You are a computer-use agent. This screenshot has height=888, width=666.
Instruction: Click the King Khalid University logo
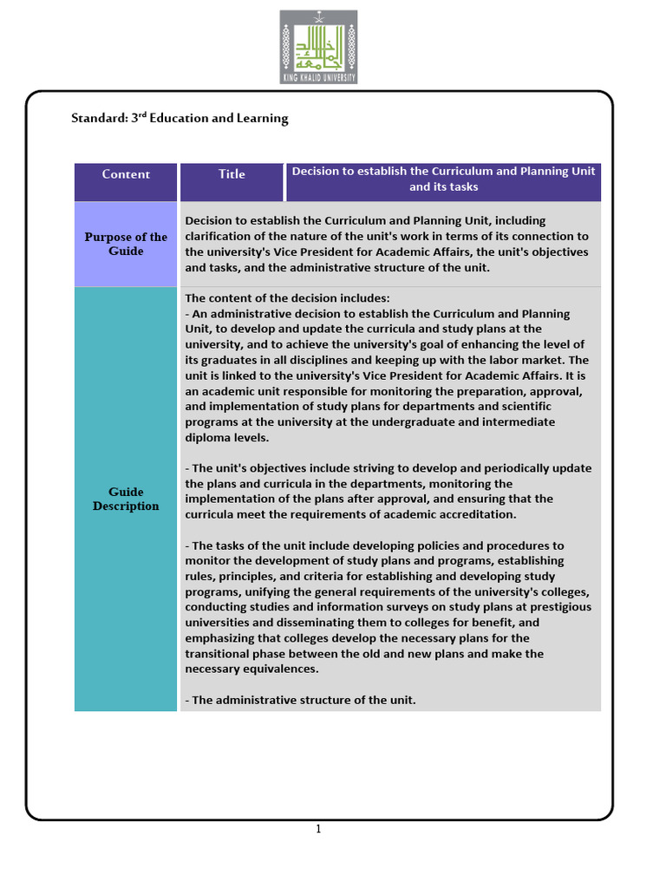318,47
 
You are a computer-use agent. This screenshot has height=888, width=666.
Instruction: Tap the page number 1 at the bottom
318,829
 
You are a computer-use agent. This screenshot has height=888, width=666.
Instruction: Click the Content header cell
126,174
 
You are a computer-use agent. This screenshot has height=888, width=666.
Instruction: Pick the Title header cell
232,174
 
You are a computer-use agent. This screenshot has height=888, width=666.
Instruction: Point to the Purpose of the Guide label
126,244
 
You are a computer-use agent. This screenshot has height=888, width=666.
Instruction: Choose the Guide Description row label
126,499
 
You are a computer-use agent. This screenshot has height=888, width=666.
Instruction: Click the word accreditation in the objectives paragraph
473,514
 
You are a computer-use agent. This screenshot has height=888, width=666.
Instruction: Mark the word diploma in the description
206,437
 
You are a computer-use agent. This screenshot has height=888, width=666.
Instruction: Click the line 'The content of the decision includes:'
288,297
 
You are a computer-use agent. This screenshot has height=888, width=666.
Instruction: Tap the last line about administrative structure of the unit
301,700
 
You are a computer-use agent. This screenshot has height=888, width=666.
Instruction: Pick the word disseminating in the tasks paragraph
288,623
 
